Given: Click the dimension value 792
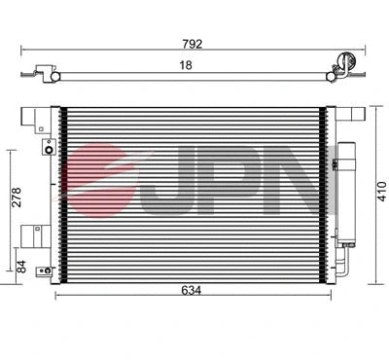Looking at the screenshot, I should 195,42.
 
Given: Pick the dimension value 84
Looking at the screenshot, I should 13,265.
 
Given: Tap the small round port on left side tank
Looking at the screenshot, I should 47,150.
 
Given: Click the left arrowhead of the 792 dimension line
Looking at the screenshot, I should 22,50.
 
